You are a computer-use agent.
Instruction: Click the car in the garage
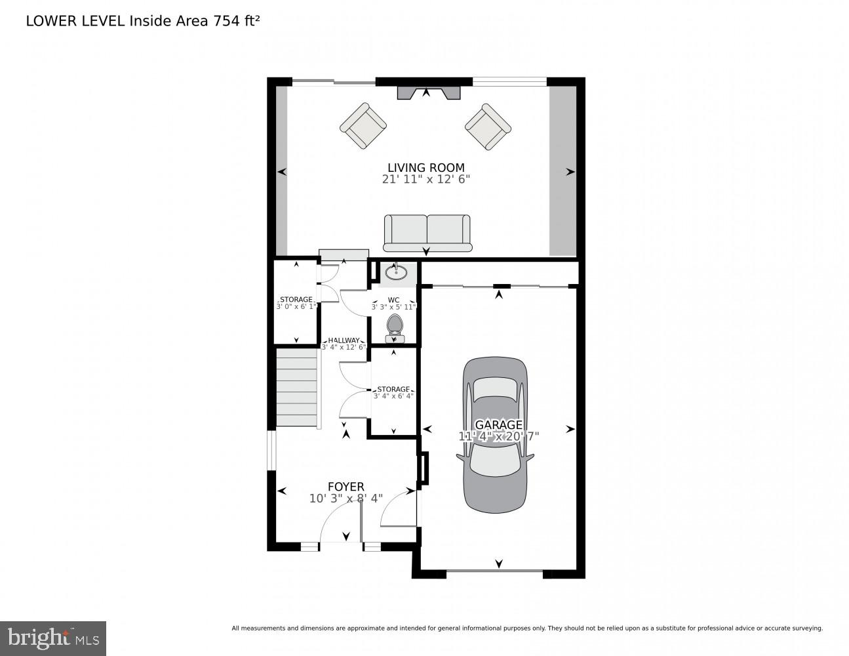[495, 435]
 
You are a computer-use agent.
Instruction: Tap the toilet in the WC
[395, 329]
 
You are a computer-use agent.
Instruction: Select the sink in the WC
[396, 272]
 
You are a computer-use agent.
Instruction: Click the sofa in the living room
[427, 233]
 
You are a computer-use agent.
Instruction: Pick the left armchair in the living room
[363, 126]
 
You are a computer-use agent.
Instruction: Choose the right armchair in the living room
[488, 126]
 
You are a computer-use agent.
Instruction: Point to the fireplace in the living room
[429, 92]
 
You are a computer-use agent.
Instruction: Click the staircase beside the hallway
[296, 388]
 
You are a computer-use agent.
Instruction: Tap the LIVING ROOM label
[426, 167]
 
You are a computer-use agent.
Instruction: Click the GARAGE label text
[498, 424]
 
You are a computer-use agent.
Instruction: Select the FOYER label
[346, 487]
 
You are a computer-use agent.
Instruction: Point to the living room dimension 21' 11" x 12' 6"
[426, 180]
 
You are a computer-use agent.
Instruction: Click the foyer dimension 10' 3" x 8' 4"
[346, 499]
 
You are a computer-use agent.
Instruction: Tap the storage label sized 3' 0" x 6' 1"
[296, 303]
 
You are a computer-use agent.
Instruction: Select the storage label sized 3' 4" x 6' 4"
[393, 392]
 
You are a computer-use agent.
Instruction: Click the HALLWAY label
[344, 340]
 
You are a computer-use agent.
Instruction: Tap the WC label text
[394, 300]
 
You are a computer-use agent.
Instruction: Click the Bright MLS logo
[53, 638]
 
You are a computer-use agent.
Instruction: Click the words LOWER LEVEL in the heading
[75, 21]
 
